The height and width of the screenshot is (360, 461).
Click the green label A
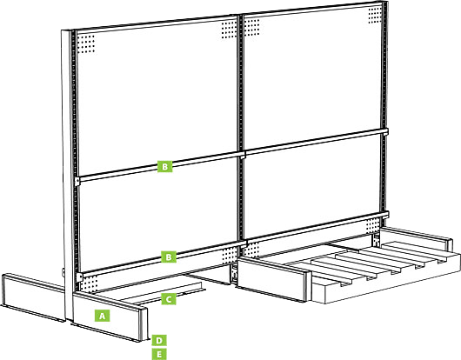[102, 316]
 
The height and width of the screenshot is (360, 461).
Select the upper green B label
[165, 166]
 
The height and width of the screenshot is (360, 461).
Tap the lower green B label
[169, 257]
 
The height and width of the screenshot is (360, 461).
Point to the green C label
[169, 299]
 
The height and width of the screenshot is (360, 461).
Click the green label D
[159, 340]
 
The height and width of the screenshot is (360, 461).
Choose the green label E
[159, 354]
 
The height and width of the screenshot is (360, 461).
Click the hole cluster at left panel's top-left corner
[86, 44]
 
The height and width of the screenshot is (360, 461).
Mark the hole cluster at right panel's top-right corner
[375, 15]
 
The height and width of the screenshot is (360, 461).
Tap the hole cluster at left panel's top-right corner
[229, 30]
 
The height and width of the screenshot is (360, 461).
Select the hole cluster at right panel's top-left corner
[252, 27]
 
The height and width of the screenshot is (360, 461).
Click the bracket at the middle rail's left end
[77, 182]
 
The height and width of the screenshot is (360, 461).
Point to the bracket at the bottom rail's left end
[79, 277]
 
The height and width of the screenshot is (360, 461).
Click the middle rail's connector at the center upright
[243, 155]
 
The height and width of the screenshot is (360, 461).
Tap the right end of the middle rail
[385, 131]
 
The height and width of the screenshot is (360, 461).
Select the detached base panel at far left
[33, 297]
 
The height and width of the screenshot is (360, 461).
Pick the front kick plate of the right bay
[273, 279]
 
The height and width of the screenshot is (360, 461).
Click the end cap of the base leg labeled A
[144, 324]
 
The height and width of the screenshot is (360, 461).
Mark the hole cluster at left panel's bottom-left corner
[89, 283]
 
